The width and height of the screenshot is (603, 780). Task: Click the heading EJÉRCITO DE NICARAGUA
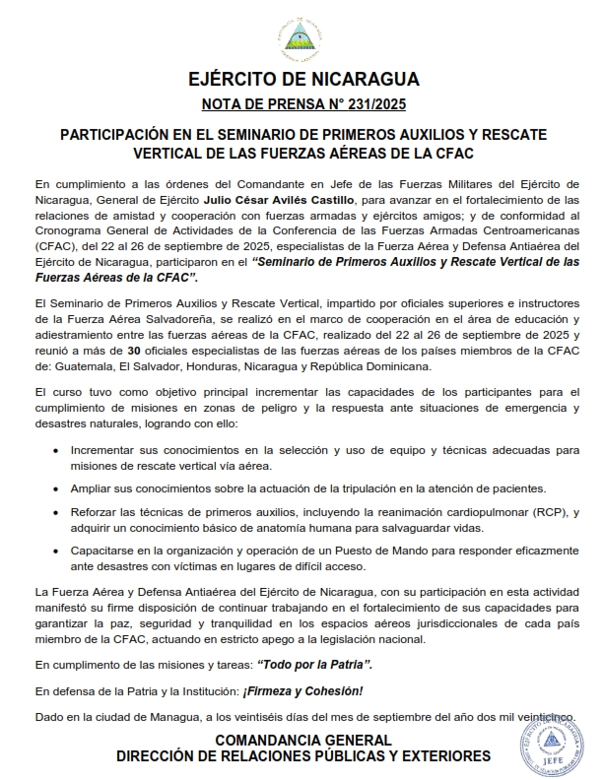[x=302, y=80]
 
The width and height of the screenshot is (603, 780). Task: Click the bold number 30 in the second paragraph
[x=135, y=351]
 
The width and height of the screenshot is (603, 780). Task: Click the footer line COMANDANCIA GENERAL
[x=302, y=740]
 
